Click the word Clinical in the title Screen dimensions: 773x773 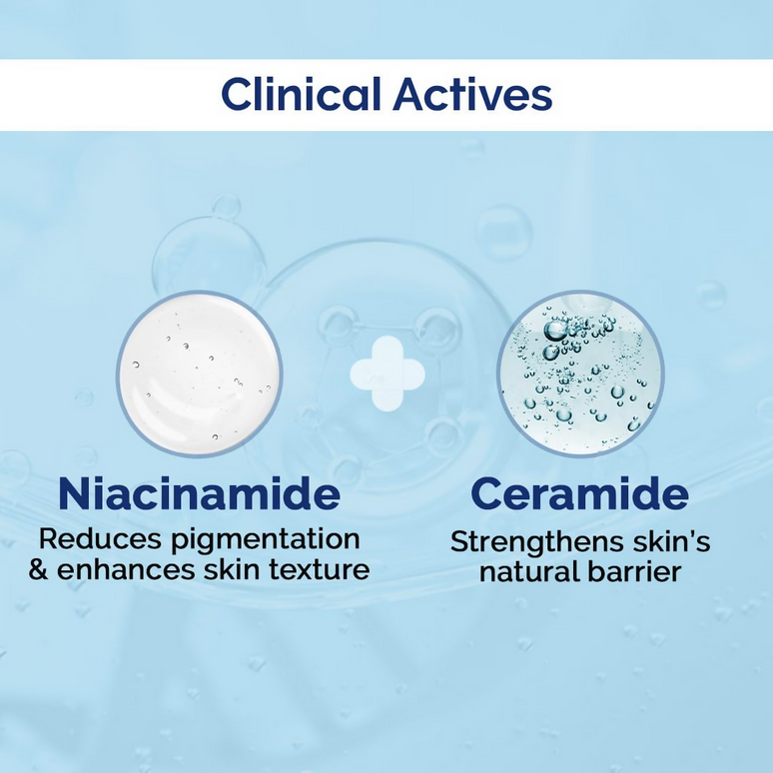301,95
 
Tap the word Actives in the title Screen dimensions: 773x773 472,95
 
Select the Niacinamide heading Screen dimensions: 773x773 199,494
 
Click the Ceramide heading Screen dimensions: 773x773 579,494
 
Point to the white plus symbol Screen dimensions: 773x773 386,374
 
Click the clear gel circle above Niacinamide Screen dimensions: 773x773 199,374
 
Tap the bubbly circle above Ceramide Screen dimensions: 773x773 580,374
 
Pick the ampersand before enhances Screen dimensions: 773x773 39,570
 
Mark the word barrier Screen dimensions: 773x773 638,573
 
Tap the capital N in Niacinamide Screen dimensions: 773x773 75,494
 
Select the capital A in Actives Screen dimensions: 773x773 409,95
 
